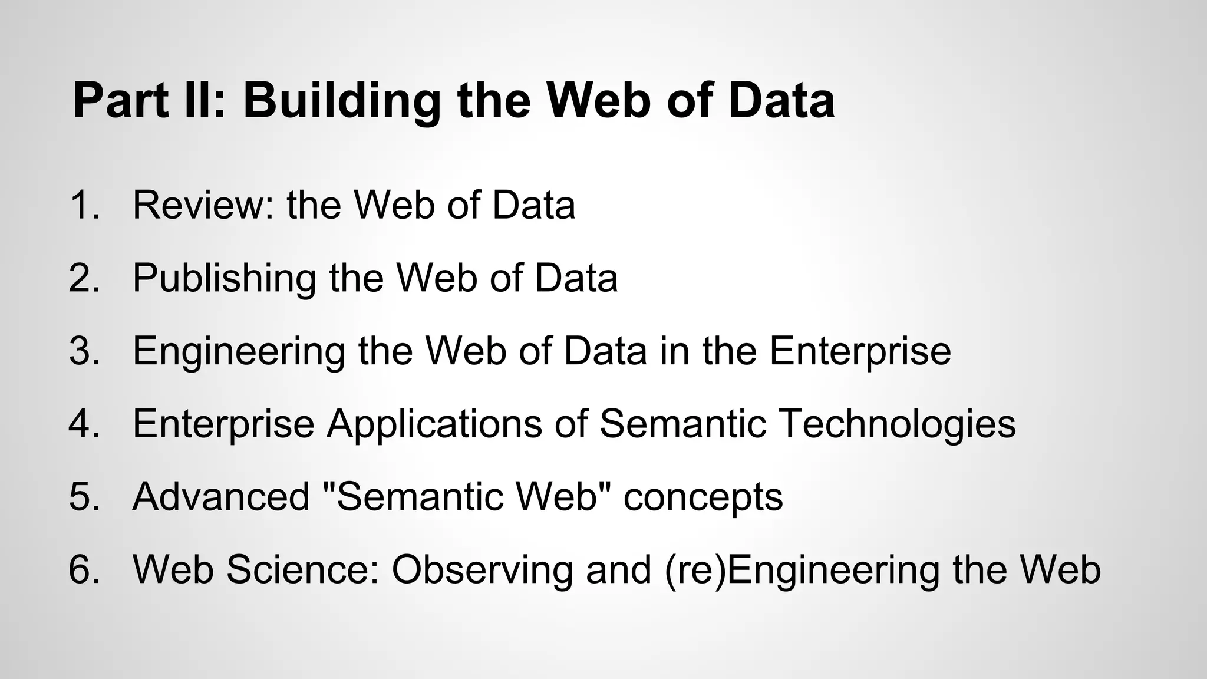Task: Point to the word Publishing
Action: pos(225,278)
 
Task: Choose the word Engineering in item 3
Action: pos(239,351)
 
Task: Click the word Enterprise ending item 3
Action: pos(860,351)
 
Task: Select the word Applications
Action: pos(434,424)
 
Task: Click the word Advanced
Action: pos(221,496)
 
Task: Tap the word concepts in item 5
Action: pos(703,496)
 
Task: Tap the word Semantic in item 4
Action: pos(682,424)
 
